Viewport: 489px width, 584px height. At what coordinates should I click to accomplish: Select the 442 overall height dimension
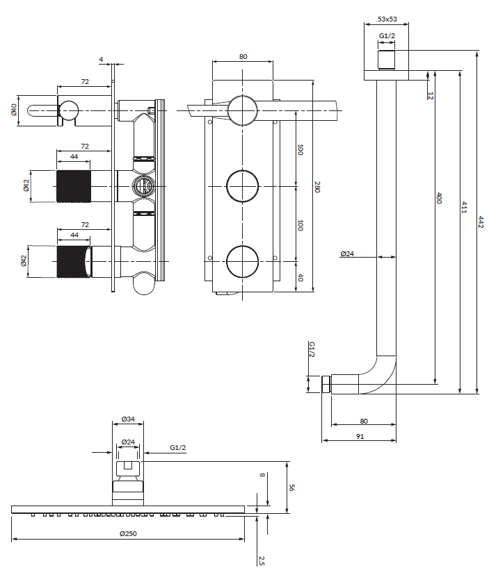(x=480, y=222)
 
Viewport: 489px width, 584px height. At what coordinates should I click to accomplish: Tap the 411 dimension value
(x=463, y=208)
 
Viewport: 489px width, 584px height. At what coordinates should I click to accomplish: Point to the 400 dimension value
(x=438, y=199)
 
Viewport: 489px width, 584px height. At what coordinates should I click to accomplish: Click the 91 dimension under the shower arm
(x=359, y=436)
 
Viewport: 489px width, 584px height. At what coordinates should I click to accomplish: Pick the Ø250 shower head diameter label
(x=128, y=533)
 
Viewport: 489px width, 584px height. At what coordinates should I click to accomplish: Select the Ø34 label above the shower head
(x=128, y=419)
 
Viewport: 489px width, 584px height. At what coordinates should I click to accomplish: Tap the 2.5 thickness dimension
(x=261, y=560)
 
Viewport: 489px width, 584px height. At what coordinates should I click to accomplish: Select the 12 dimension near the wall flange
(x=431, y=95)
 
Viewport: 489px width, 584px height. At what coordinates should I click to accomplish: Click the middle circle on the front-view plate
(x=242, y=186)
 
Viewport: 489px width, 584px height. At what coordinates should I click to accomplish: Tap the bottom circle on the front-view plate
(x=242, y=260)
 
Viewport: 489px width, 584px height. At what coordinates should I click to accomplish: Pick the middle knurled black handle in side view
(x=73, y=186)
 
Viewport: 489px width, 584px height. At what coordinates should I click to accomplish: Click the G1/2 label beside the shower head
(x=177, y=448)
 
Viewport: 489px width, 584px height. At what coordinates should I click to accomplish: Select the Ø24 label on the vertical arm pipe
(x=347, y=254)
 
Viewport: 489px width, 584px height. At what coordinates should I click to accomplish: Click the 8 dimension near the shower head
(x=263, y=476)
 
